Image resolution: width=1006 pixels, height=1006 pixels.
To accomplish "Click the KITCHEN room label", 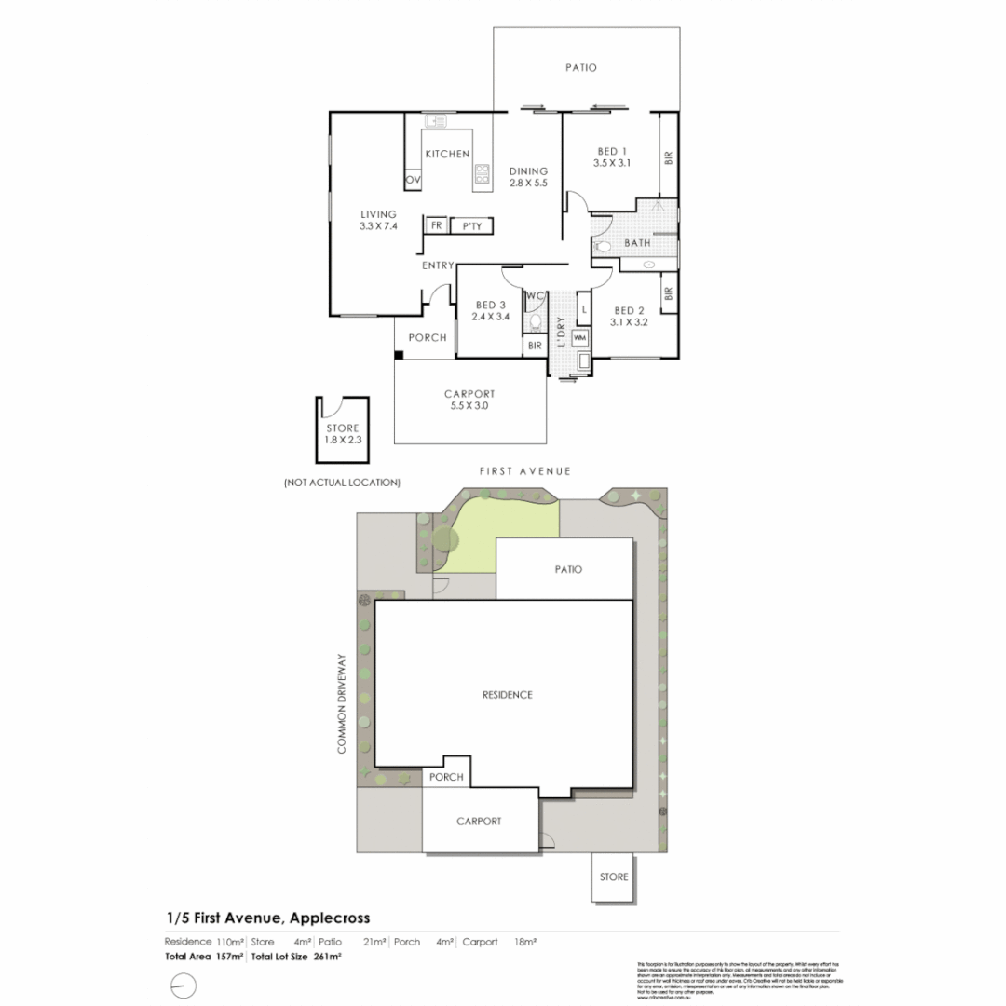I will (x=447, y=154).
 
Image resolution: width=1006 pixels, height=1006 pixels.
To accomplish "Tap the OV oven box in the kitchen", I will (x=413, y=179).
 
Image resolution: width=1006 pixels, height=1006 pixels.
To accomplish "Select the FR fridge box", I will (x=435, y=225).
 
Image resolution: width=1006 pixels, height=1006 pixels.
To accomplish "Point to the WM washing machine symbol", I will (x=579, y=337).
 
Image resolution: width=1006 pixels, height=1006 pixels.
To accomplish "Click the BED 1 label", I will (x=612, y=151).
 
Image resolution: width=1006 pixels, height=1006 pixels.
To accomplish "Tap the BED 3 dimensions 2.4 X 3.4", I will (x=490, y=317).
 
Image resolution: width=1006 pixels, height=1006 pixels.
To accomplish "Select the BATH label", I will (x=637, y=243).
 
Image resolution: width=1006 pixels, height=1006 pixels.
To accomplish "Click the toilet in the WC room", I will (x=535, y=322).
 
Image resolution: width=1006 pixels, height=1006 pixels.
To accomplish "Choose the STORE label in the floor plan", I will (x=343, y=428).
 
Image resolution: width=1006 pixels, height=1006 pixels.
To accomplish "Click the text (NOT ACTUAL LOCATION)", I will (x=342, y=483).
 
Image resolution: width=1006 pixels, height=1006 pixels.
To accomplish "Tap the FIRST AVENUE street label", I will (x=525, y=471).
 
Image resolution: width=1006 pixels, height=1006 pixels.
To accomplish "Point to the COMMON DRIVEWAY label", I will (x=342, y=703).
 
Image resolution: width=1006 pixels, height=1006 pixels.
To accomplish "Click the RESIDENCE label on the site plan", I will (x=507, y=695).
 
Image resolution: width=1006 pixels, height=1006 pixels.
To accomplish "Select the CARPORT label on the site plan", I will (x=479, y=822).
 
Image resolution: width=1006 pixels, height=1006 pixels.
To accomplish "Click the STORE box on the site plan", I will (x=614, y=877).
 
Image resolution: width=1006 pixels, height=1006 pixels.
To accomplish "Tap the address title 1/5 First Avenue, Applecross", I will (x=267, y=918).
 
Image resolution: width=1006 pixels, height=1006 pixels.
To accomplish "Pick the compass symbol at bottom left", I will (x=184, y=985).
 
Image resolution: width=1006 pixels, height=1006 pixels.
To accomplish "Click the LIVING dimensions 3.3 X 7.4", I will (x=378, y=225).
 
